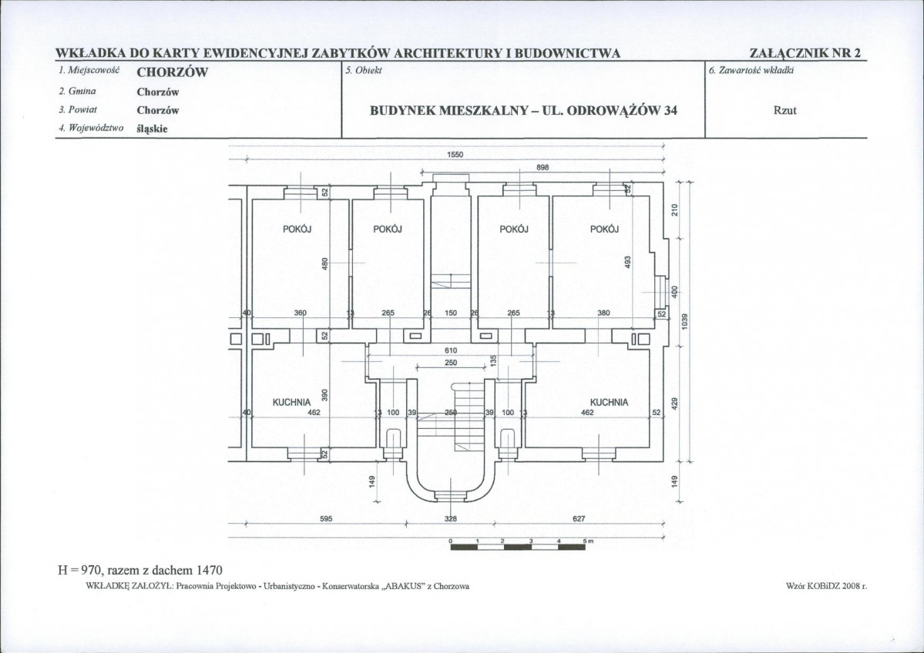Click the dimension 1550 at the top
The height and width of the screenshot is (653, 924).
point(455,155)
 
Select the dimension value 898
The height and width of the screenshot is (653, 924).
point(543,167)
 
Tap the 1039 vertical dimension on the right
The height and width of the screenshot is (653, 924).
point(685,321)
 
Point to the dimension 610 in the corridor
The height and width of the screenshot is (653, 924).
point(451,350)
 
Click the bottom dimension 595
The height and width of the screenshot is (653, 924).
point(327,519)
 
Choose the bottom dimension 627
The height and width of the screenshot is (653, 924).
point(580,519)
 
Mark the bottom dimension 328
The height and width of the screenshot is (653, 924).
point(451,519)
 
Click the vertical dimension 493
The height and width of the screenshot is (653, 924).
point(627,262)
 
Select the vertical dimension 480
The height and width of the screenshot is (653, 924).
point(324,263)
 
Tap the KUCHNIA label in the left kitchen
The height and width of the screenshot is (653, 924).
point(291,403)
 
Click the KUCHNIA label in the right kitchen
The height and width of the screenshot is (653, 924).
point(610,403)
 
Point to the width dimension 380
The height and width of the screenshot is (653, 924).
point(603,313)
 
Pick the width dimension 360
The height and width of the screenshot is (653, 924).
point(301,313)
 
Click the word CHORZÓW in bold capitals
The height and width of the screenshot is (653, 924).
point(173,72)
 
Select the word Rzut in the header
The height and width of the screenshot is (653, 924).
point(785,110)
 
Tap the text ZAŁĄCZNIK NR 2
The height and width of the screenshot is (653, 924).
point(805,53)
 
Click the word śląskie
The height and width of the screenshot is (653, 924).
point(153,129)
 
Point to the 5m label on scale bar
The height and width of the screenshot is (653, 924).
point(588,541)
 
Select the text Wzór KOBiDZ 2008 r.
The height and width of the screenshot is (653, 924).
point(827,586)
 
